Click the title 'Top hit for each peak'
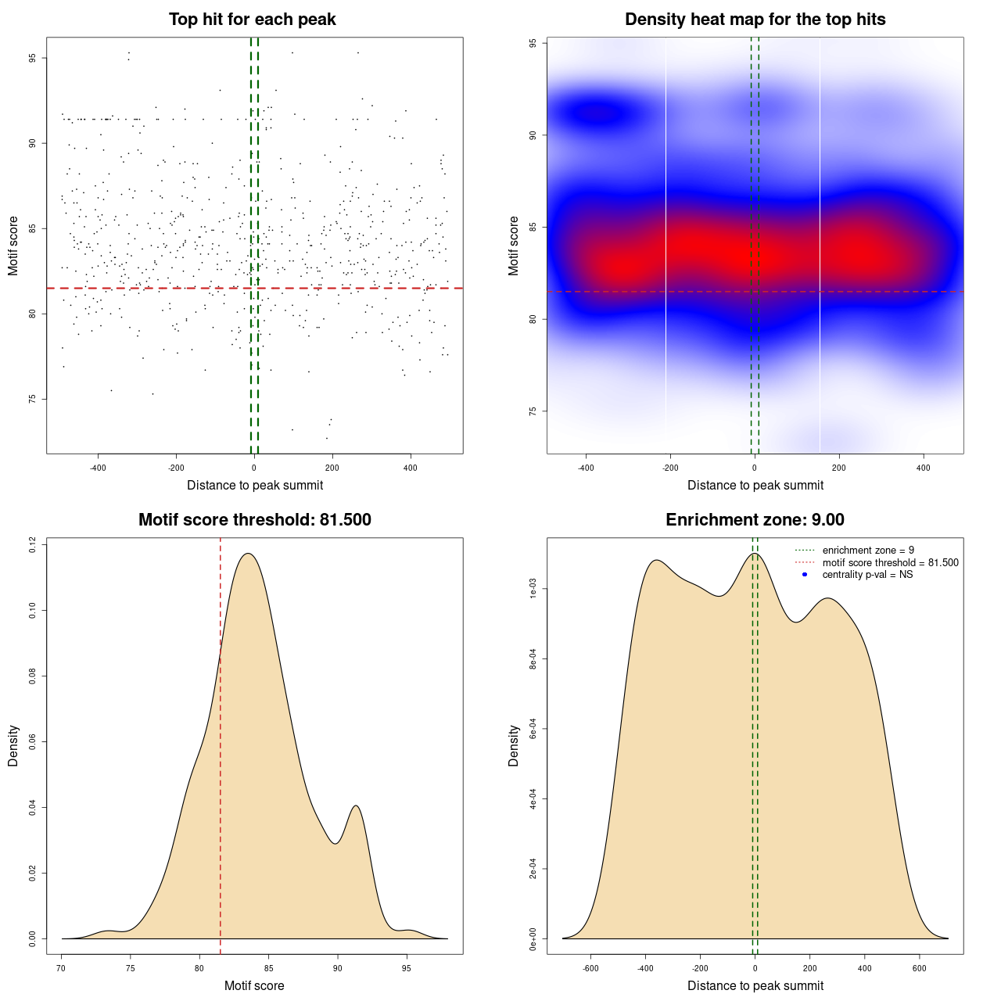click(x=252, y=20)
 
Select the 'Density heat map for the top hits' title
click(x=755, y=20)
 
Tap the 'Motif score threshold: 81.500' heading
click(x=254, y=520)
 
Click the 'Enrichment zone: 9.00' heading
click(x=755, y=520)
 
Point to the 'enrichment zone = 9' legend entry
click(x=868, y=551)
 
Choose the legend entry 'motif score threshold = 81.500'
click(x=890, y=562)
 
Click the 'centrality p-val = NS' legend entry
click(x=867, y=575)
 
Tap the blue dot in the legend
click(x=805, y=575)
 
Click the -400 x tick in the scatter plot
click(x=98, y=468)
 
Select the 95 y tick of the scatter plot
click(x=33, y=58)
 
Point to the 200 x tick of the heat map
click(x=839, y=468)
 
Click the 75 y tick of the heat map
click(x=533, y=411)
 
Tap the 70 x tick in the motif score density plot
click(x=61, y=968)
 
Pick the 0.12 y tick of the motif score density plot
click(x=33, y=544)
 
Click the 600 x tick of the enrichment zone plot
click(x=919, y=968)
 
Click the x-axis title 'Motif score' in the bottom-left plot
click(x=254, y=985)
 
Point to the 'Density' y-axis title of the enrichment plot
click(x=514, y=745)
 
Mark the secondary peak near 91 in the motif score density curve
click(x=356, y=806)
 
